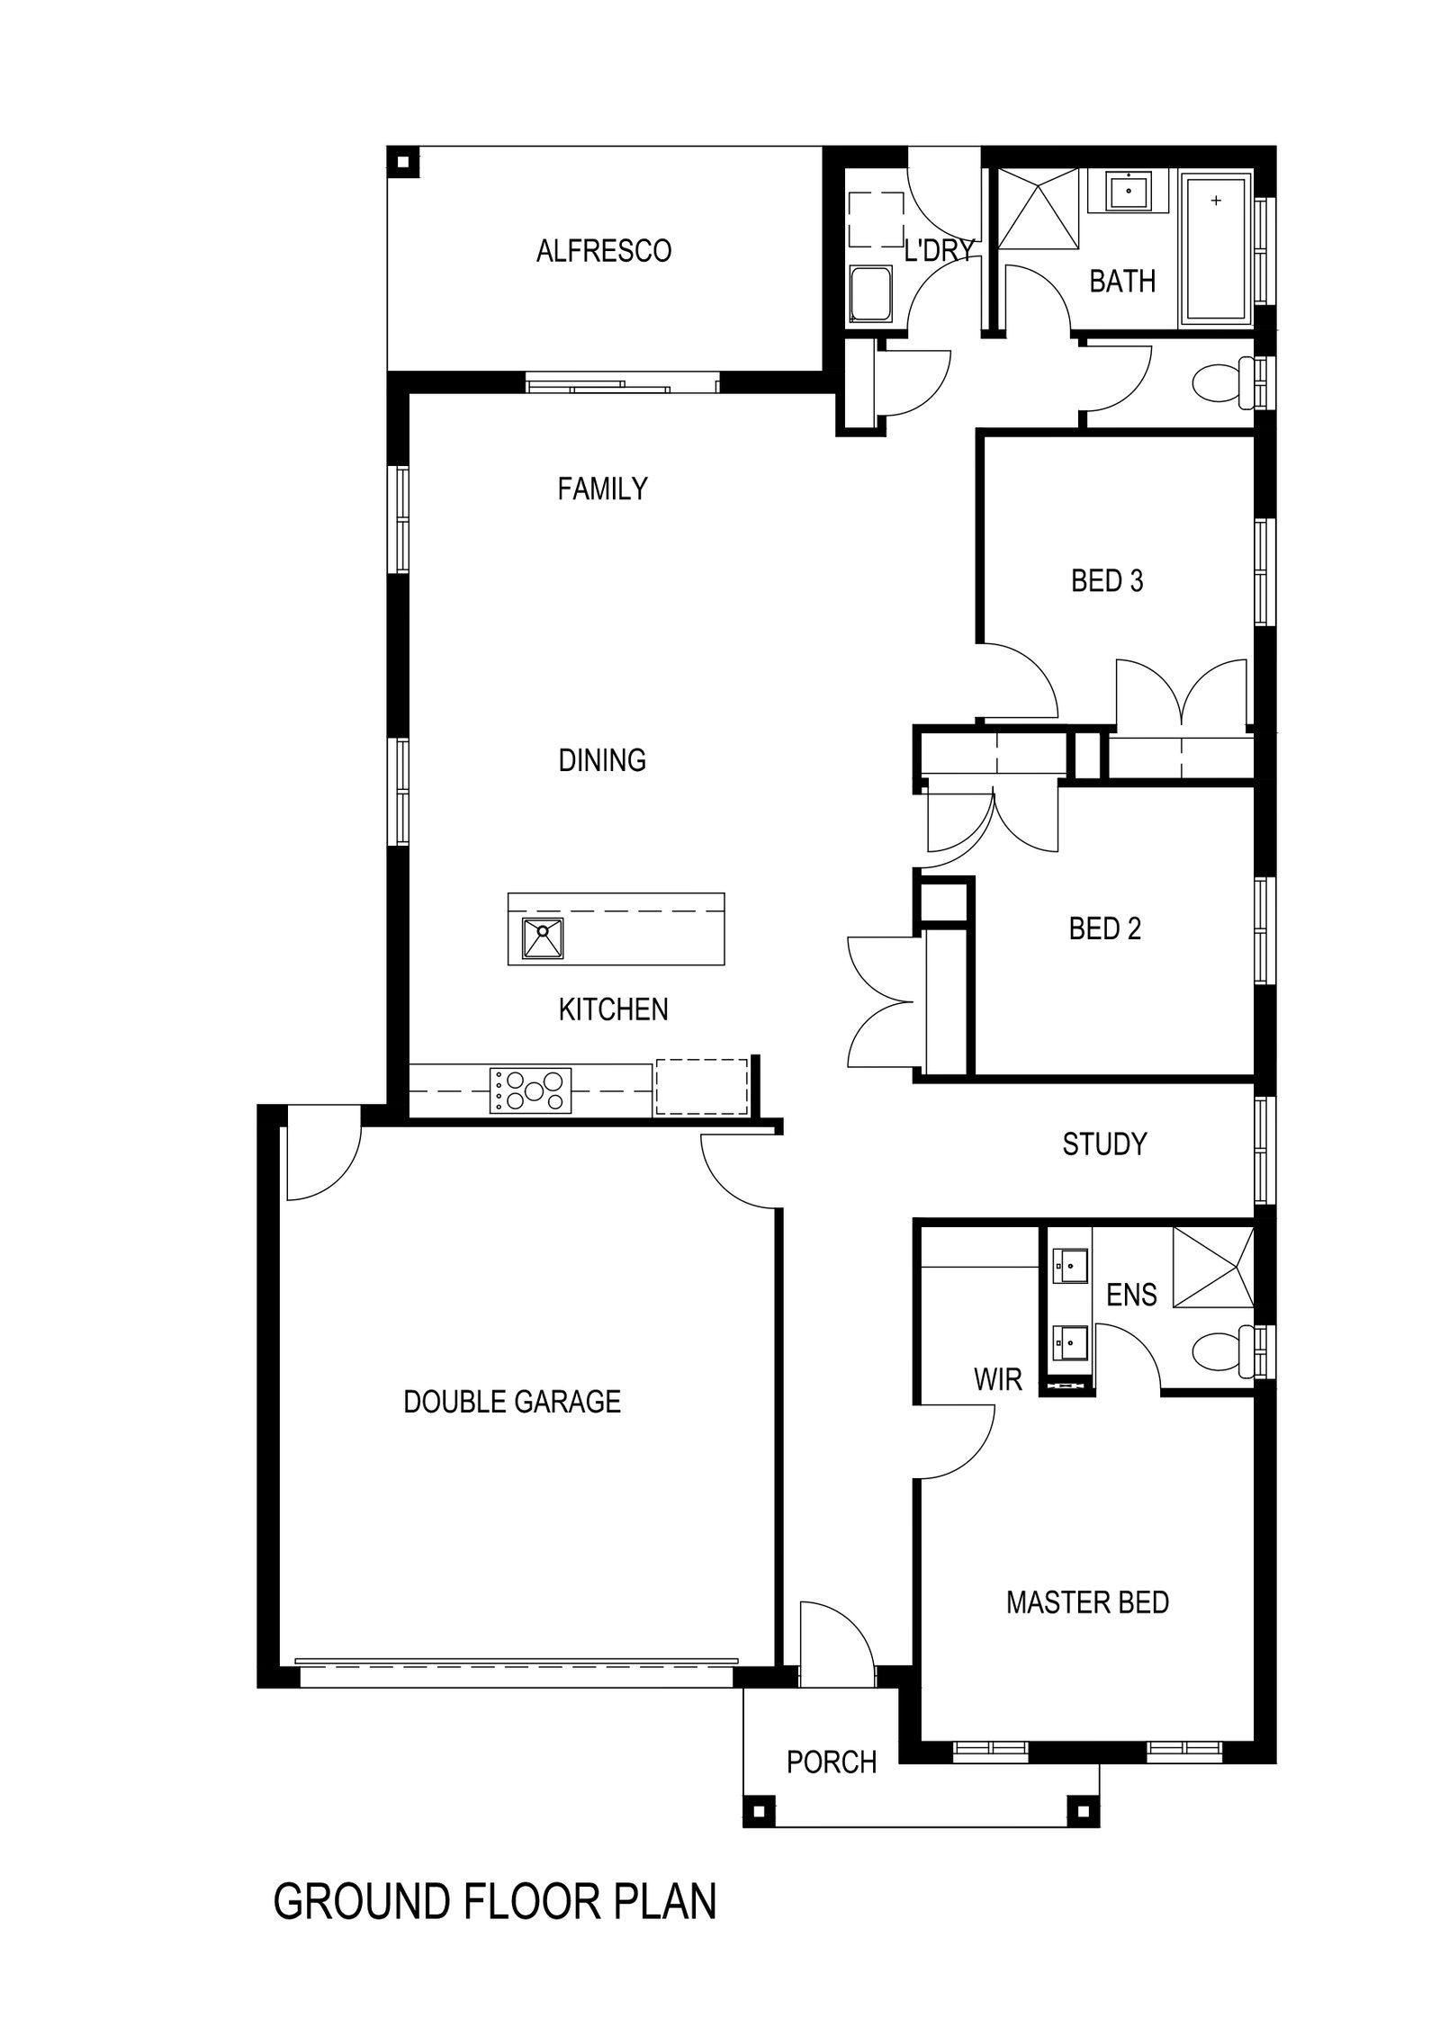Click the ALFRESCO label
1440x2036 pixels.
[603, 250]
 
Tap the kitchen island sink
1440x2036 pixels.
[543, 938]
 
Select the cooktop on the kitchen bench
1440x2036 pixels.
[531, 1090]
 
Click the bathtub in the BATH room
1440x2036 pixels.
[1216, 249]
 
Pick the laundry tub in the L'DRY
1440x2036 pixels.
[870, 295]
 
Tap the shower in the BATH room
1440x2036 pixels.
[1038, 210]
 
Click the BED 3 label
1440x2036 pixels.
[1106, 581]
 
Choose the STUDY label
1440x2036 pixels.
[1104, 1144]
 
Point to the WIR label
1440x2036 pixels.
[997, 1379]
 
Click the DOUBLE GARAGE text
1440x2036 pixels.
[511, 1402]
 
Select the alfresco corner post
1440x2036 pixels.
[402, 163]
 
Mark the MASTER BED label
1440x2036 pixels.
[1086, 1602]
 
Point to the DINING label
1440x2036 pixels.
[602, 760]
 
